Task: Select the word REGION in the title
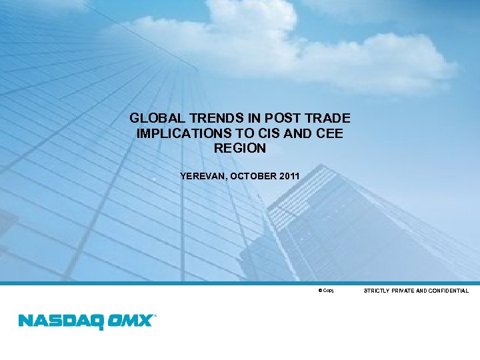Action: click(240, 148)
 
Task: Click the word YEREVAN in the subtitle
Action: click(202, 176)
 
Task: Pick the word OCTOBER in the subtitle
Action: click(251, 176)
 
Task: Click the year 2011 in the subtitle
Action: click(289, 176)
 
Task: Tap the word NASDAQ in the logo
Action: click(59, 321)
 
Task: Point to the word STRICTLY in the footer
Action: click(377, 291)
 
